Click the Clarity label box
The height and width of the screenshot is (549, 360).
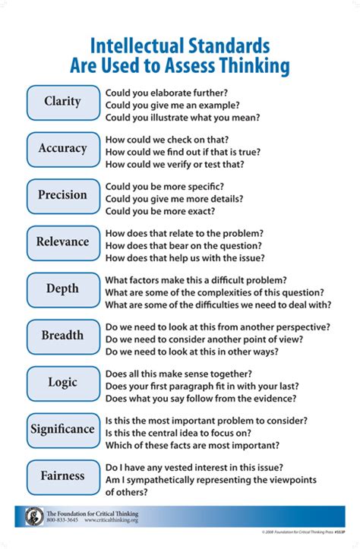(x=63, y=102)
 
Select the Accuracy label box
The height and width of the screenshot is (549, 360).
(x=63, y=149)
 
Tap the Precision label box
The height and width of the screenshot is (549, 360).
(x=63, y=195)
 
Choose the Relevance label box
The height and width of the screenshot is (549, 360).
(x=63, y=242)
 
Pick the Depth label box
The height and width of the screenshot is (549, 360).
(x=63, y=289)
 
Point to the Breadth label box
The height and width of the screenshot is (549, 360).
(x=63, y=336)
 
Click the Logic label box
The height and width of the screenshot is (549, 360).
(x=63, y=383)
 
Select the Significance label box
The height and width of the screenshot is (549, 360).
(x=63, y=430)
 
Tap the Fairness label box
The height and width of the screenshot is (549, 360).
(x=63, y=477)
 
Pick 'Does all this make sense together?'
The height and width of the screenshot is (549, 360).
(x=178, y=373)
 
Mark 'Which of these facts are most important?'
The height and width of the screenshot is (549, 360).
(x=192, y=445)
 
